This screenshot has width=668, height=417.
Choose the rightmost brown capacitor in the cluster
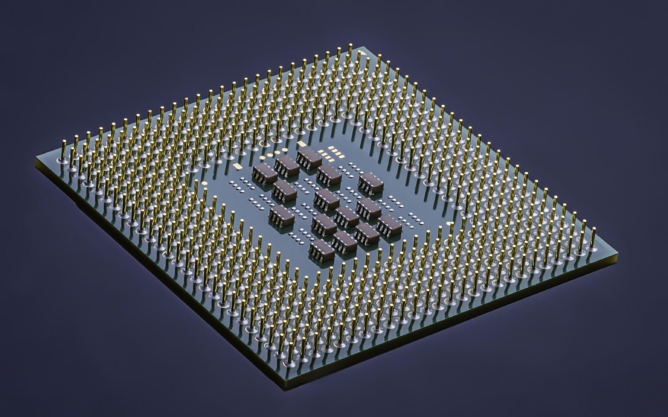[390, 225]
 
